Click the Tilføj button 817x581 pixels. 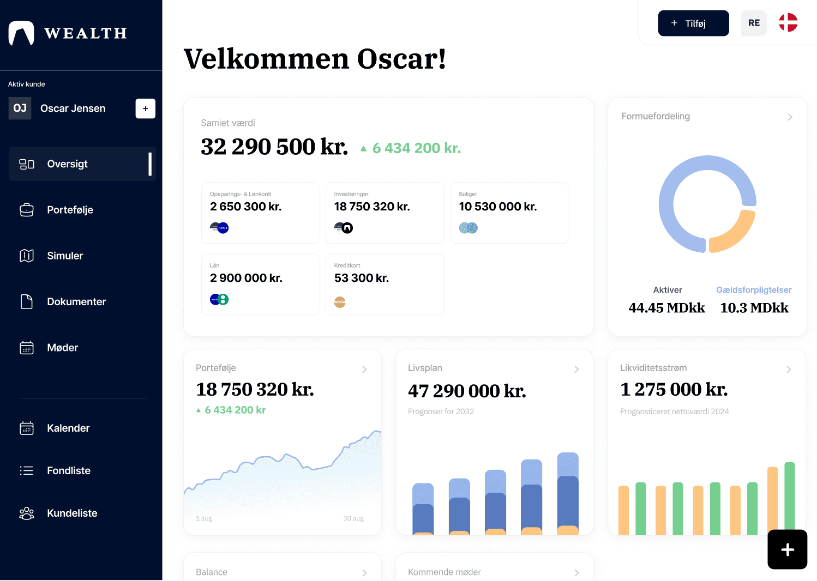693,23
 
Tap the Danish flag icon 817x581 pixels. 788,23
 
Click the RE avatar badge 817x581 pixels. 754,23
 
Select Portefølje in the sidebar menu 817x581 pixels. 70,210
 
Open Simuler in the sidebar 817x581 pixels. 65,256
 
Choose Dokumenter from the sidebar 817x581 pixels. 76,301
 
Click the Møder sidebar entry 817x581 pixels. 62,348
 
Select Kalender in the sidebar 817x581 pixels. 68,428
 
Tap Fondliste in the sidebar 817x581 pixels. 69,470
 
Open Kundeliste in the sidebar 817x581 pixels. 72,513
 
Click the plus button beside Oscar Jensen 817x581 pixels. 146,108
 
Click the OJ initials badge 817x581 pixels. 20,108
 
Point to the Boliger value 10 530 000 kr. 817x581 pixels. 497,207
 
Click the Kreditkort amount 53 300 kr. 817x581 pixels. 361,278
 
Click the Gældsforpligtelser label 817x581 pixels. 754,290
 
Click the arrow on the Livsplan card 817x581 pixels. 576,370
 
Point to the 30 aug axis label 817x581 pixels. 353,518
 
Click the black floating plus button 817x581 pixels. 787,549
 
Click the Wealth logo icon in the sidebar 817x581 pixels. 21,33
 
